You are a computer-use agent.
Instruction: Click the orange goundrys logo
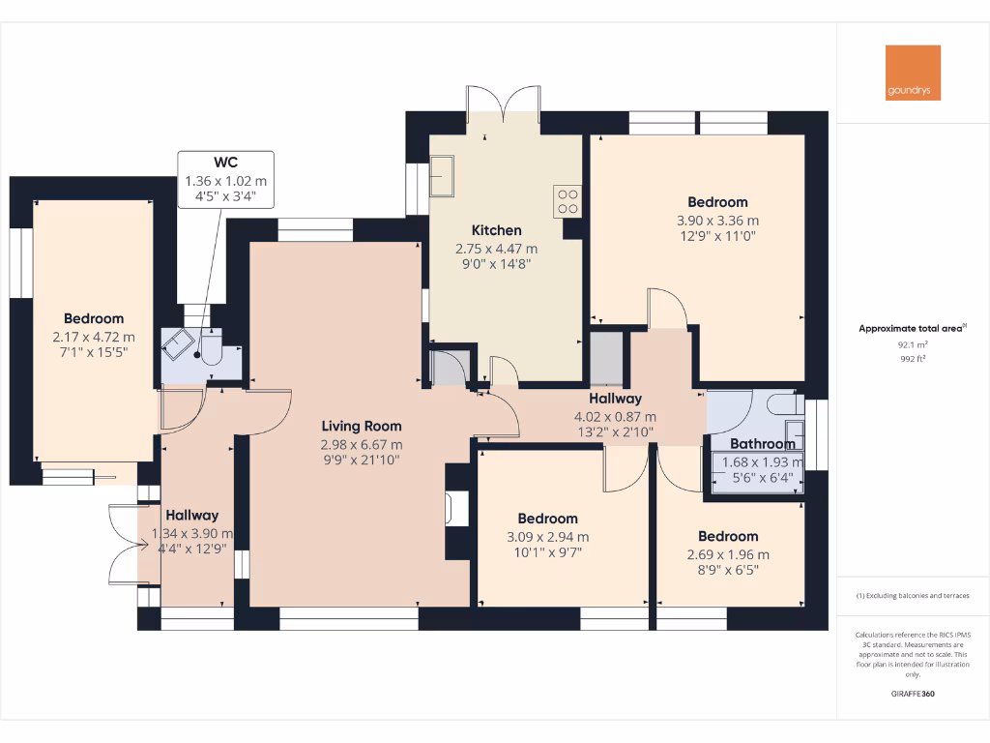[913, 73]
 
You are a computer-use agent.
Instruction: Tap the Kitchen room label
[496, 230]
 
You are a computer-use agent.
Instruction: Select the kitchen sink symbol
[446, 177]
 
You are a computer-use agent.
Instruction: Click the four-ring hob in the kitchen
[567, 200]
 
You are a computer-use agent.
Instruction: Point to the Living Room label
[362, 426]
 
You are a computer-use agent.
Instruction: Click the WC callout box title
[225, 163]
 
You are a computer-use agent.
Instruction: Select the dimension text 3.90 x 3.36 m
[717, 221]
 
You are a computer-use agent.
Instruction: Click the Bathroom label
[763, 444]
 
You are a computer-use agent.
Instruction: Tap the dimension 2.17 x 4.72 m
[94, 337]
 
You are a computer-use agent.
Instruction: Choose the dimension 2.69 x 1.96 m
[728, 554]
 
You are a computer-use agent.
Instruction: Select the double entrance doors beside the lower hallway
[125, 546]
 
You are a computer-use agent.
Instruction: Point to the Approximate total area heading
[910, 329]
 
